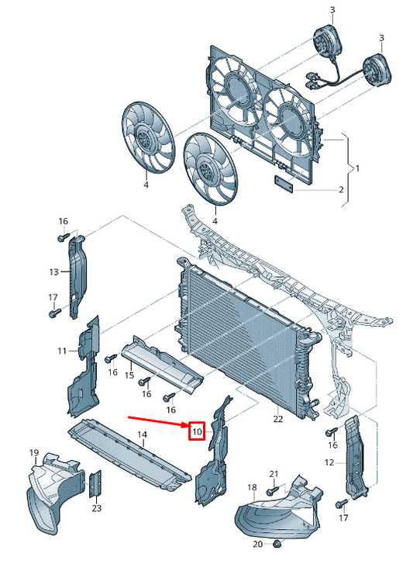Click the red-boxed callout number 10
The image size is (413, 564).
[197, 431]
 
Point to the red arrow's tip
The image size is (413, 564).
[189, 426]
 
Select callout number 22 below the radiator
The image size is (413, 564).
[278, 419]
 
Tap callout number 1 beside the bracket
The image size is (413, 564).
[357, 168]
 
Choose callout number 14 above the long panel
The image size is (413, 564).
[143, 434]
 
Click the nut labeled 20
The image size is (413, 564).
[277, 544]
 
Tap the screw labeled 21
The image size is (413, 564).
[272, 490]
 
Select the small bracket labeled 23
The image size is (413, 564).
[95, 483]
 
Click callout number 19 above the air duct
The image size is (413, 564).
[34, 452]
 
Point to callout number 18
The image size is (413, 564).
[252, 487]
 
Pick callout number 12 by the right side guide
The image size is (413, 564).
[329, 462]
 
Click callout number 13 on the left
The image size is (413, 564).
[53, 272]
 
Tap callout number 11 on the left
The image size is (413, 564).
[62, 351]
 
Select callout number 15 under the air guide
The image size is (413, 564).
[129, 375]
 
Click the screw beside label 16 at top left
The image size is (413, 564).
[64, 237]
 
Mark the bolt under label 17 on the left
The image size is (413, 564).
[54, 313]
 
